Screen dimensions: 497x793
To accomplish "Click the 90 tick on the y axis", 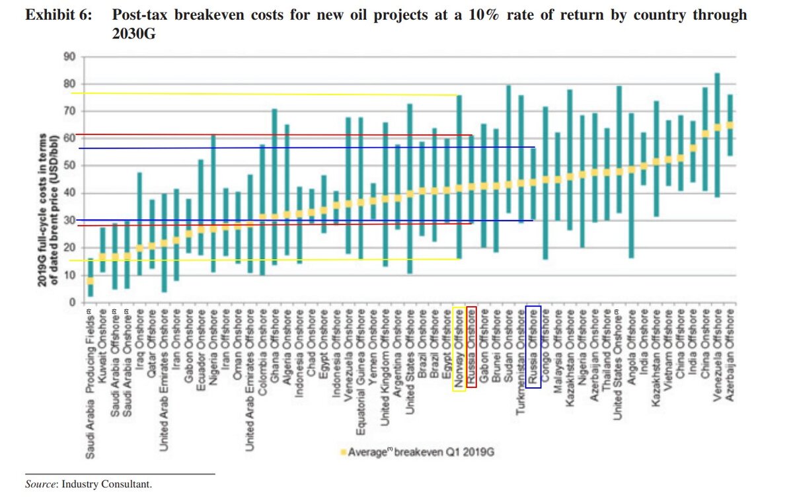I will tap(69, 57).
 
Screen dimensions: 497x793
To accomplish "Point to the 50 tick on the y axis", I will tap(69, 166).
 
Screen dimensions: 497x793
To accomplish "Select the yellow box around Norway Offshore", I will tap(459, 348).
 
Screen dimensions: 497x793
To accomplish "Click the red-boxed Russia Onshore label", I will tap(471, 347).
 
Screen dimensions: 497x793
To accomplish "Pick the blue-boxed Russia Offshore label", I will tap(534, 347).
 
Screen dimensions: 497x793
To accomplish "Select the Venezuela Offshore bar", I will tap(718, 135).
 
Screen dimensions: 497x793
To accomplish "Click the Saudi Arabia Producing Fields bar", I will tap(91, 278).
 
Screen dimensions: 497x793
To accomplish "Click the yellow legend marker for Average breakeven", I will tap(342, 452).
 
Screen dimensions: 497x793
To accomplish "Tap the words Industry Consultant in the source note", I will tap(106, 484).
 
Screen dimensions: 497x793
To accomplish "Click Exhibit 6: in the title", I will tap(57, 15).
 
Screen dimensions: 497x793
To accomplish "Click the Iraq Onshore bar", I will tap(139, 223).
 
